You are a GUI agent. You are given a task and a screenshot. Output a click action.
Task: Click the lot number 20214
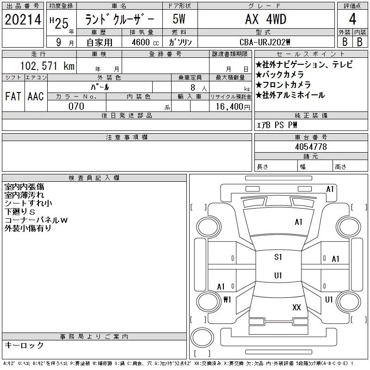pyautogui.click(x=23, y=19)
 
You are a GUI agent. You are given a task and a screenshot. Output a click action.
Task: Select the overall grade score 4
pyautogui.click(x=352, y=19)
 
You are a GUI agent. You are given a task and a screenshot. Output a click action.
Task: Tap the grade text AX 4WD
pyautogui.click(x=266, y=19)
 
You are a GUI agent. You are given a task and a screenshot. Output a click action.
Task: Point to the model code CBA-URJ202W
pyautogui.click(x=265, y=42)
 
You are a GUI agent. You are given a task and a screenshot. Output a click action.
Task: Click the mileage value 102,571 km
pyautogui.click(x=47, y=66)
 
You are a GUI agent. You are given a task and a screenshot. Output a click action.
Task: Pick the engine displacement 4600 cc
pyautogui.click(x=145, y=42)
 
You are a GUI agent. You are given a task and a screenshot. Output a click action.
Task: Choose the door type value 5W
pyautogui.click(x=179, y=19)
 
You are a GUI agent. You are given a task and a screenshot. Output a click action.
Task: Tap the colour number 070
pyautogui.click(x=76, y=106)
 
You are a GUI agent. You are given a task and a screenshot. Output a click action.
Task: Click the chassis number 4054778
pyautogui.click(x=311, y=147)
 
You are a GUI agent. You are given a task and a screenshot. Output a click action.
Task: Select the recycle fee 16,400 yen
pyautogui.click(x=233, y=107)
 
